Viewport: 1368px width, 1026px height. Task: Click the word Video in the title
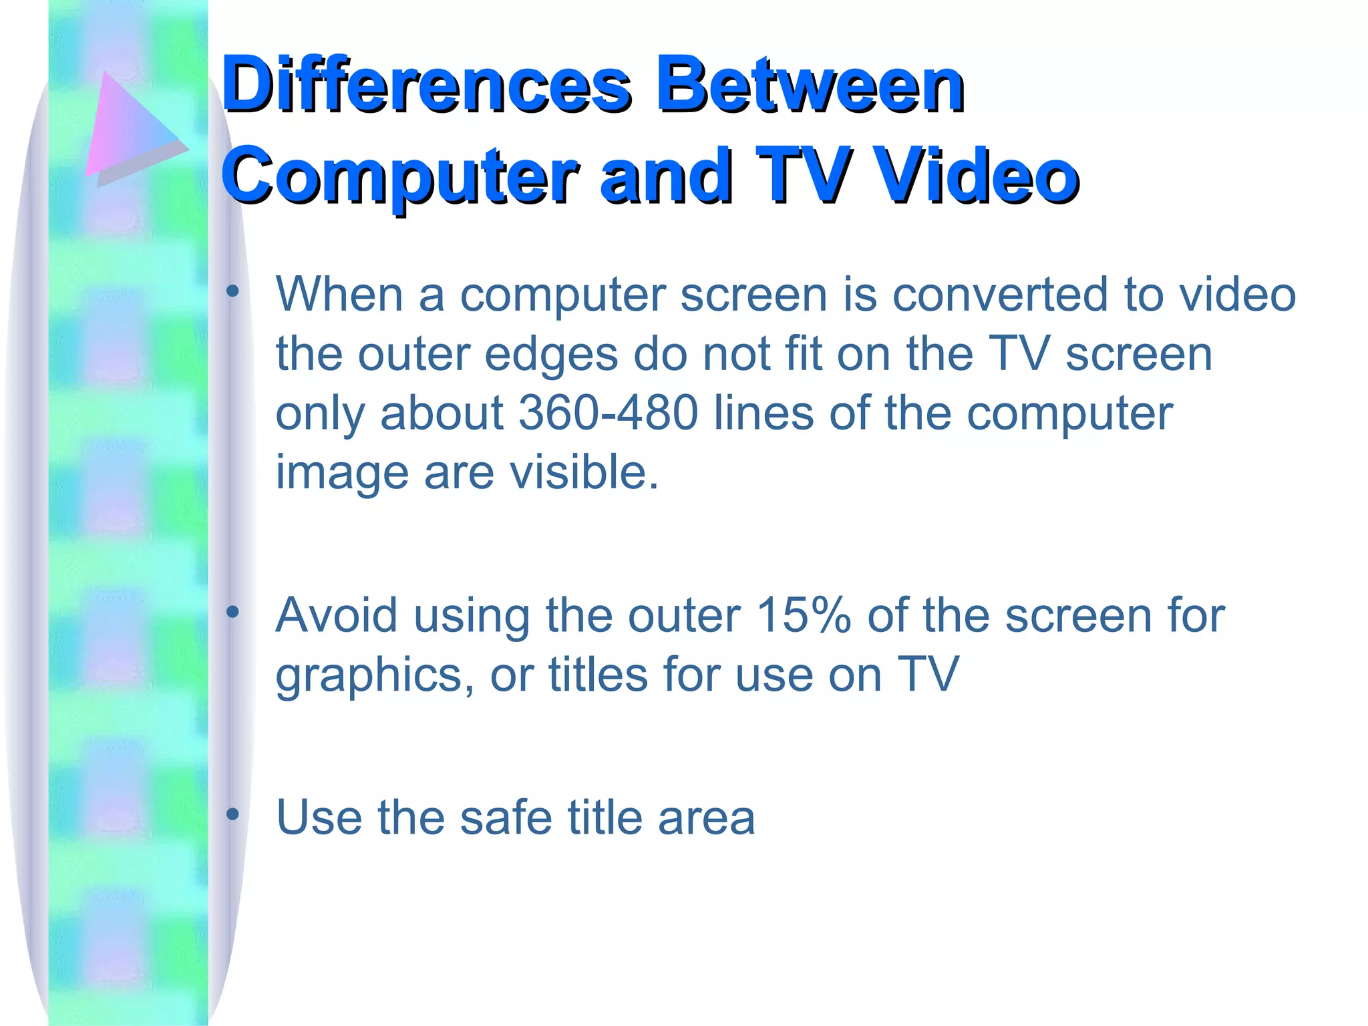976,175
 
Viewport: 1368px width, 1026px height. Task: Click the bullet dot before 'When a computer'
232,291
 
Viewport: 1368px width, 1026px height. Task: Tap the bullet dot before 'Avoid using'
232,612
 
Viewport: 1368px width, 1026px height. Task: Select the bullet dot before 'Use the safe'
232,814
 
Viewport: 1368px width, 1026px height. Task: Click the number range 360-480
608,413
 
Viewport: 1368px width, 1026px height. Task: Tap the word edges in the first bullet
551,354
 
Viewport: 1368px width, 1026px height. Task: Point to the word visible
584,472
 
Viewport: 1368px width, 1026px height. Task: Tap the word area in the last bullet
706,818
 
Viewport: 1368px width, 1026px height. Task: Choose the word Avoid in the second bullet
337,615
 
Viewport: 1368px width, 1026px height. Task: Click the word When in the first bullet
339,294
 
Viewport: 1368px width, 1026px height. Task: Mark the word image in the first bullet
342,473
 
